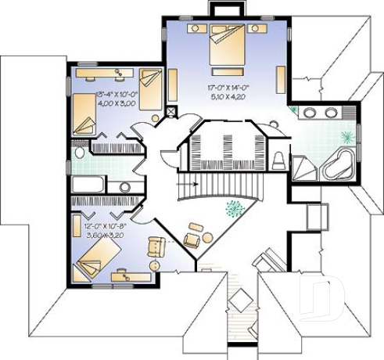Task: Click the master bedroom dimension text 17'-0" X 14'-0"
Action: pos(227,88)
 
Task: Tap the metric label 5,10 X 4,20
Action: pos(227,98)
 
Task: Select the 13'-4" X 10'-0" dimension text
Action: pos(116,95)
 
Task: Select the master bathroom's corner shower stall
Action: pos(305,167)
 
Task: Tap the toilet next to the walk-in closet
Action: pos(279,159)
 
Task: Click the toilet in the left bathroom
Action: pos(79,152)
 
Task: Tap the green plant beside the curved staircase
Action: pos(232,208)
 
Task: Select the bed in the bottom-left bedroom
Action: pos(95,258)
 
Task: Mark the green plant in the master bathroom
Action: pos(294,110)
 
